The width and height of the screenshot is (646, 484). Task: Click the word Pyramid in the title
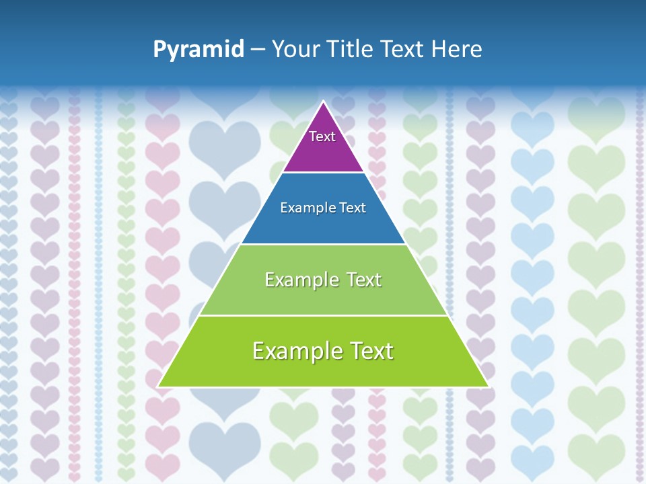[198, 50]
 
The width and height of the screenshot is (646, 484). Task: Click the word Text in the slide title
[403, 49]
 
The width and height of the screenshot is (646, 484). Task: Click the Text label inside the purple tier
[322, 136]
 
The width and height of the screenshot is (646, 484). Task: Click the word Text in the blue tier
[353, 208]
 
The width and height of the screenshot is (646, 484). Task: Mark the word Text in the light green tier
[364, 280]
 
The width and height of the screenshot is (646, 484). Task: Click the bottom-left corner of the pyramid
[159, 386]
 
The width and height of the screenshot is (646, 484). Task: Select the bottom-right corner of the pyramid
[487, 386]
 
